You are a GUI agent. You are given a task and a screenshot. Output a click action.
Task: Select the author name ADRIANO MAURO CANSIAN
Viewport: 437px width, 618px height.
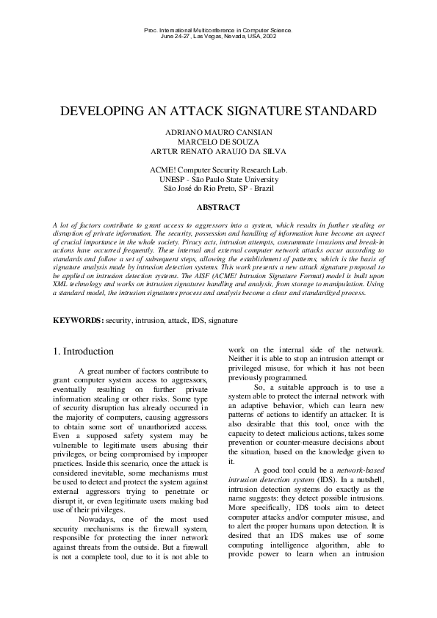tap(218, 132)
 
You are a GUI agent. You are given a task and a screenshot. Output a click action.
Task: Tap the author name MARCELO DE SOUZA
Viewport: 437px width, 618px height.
tap(218, 142)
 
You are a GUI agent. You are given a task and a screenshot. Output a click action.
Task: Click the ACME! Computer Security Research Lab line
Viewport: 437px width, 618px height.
tap(218, 170)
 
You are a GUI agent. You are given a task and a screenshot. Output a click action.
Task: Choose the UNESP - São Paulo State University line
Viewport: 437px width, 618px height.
tap(218, 179)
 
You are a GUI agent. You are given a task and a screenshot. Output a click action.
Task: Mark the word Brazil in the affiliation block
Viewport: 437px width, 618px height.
tap(261, 189)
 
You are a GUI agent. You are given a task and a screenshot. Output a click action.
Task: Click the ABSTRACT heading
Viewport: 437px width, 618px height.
tap(218, 208)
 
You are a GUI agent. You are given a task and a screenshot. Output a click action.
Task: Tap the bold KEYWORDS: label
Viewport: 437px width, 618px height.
tap(78, 321)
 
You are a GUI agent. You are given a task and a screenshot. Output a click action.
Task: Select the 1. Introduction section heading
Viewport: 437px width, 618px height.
tap(83, 352)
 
